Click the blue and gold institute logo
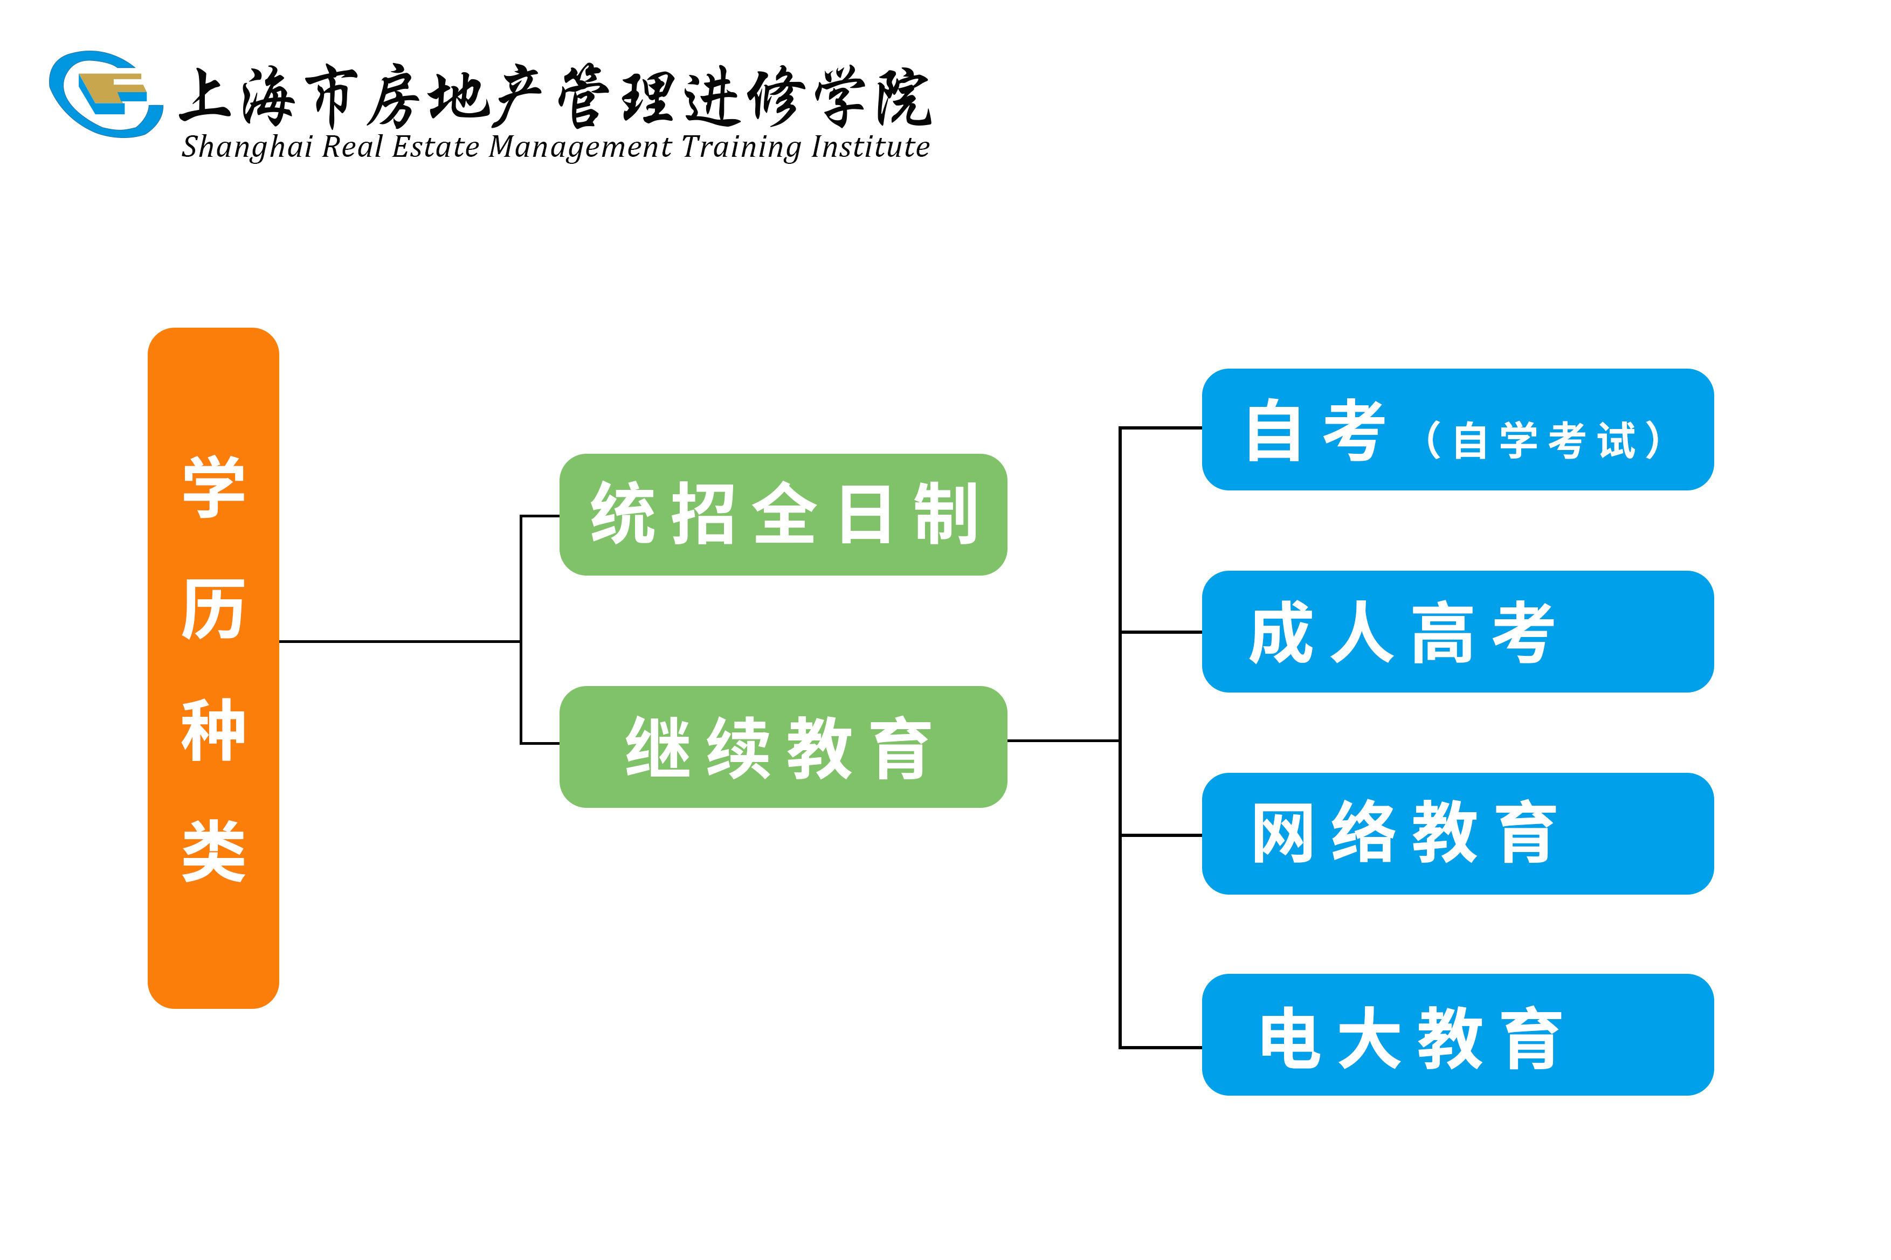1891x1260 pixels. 106,94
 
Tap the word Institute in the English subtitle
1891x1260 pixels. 871,147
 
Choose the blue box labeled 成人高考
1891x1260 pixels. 1458,632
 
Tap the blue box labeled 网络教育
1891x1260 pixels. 1458,833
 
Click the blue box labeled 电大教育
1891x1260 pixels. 1458,1035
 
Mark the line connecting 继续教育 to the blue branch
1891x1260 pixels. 1063,740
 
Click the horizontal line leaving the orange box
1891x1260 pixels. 399,641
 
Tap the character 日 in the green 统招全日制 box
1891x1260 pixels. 864,514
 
